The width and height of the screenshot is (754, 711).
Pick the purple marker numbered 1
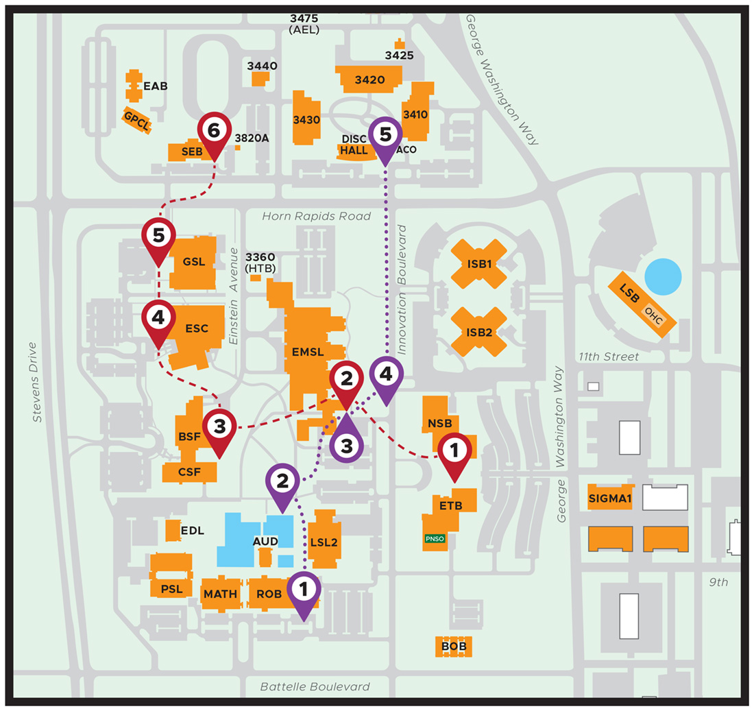[304, 589]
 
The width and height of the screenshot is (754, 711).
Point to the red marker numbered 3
[219, 427]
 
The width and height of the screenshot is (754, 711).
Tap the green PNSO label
[435, 538]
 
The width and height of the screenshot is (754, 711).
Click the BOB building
[454, 646]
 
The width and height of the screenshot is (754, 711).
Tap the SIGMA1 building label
[609, 497]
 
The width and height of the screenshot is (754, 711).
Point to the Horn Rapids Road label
[316, 216]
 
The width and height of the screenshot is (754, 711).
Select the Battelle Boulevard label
[315, 686]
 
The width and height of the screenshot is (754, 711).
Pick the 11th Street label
[608, 357]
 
